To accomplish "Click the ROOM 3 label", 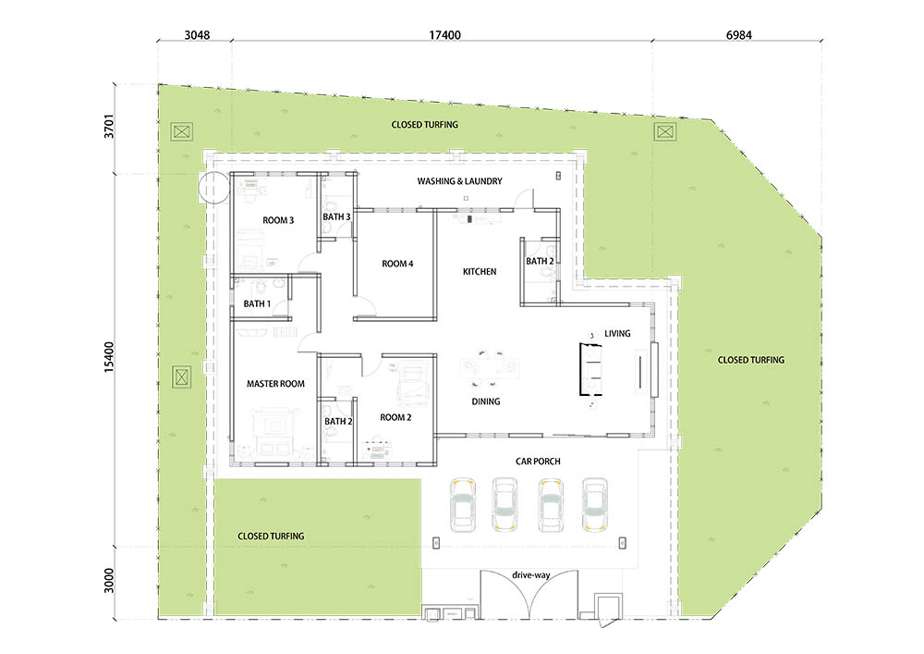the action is click(278, 220).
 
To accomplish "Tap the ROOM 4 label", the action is click(397, 264).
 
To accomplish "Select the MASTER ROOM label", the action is click(275, 384).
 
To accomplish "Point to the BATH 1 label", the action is click(257, 303).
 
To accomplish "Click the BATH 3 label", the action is click(336, 217).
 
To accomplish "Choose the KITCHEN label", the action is click(480, 272).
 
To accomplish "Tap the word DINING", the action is click(486, 401).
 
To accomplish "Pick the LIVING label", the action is click(617, 334).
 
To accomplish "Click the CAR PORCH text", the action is click(538, 462).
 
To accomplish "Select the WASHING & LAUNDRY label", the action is click(459, 181).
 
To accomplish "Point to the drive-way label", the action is click(531, 575).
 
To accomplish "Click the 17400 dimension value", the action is click(445, 35).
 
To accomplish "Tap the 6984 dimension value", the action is click(739, 35).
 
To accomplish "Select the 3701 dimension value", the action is click(109, 126).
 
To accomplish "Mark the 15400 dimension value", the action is click(109, 357).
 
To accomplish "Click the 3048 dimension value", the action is click(197, 35).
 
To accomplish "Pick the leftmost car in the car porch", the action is click(463, 505).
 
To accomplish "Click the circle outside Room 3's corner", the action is click(213, 188).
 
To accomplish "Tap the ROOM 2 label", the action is click(396, 417).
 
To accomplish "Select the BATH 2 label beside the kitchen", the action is click(540, 261).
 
